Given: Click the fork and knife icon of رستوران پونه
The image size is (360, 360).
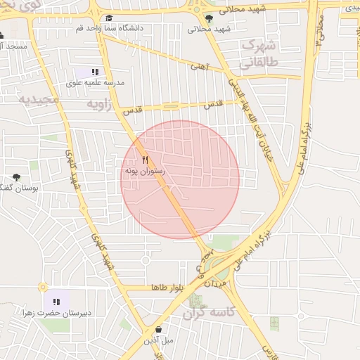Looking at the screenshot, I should pos(145,160).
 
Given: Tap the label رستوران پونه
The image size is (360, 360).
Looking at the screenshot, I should pos(144,171).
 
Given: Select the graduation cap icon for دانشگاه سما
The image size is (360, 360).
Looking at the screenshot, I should pos(108,19).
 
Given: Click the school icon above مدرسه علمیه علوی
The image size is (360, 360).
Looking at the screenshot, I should pos(95,72).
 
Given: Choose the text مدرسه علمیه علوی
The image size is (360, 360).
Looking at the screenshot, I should pos(95,82).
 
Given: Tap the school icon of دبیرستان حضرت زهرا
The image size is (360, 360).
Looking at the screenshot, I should pos(56,302).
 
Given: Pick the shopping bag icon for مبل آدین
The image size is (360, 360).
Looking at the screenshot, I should pos(158,329).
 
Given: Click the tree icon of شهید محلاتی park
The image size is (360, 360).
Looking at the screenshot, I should pos(208,18).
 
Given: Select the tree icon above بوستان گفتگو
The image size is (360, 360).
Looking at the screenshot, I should pos(17,178).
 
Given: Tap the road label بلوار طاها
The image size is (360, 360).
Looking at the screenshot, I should pos(169,288).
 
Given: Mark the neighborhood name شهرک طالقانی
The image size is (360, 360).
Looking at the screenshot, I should pos(260,53).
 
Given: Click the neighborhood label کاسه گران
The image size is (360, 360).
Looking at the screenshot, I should pos(205,311).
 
